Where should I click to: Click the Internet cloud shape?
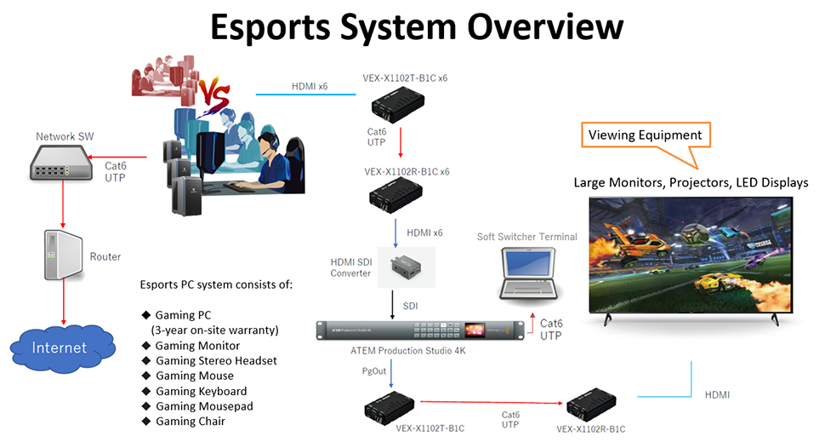pyautogui.click(x=60, y=348)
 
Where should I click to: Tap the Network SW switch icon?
pyautogui.click(x=60, y=163)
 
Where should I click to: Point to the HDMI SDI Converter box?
pyautogui.click(x=411, y=267)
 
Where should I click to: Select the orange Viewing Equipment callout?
pyautogui.click(x=646, y=135)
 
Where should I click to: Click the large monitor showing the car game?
pyautogui.click(x=693, y=255)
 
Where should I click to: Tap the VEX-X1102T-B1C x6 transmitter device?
pyautogui.click(x=392, y=107)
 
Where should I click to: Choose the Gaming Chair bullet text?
pyautogui.click(x=190, y=422)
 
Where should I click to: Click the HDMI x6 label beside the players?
pyautogui.click(x=310, y=86)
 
